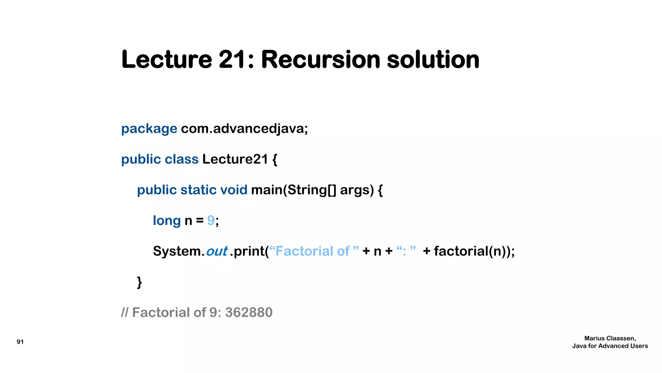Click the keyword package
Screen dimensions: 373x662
pyautogui.click(x=149, y=129)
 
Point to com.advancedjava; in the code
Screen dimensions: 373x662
pyautogui.click(x=244, y=129)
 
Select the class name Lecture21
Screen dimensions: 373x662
pyautogui.click(x=235, y=159)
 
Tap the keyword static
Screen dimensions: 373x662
pyautogui.click(x=198, y=190)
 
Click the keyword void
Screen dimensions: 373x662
pyautogui.click(x=233, y=190)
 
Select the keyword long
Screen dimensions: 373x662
pyautogui.click(x=166, y=220)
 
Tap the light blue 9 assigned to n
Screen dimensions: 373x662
pyautogui.click(x=211, y=220)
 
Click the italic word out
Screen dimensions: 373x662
pyautogui.click(x=217, y=251)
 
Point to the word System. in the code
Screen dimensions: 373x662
pyautogui.click(x=178, y=251)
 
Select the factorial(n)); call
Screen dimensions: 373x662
pyautogui.click(x=474, y=251)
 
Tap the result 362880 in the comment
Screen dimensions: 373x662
pyautogui.click(x=249, y=312)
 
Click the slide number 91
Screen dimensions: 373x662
pyautogui.click(x=20, y=342)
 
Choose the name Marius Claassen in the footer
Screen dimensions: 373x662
pyautogui.click(x=610, y=338)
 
